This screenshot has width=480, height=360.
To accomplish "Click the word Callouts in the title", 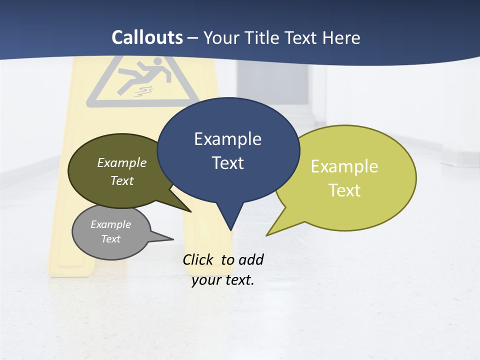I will click(147, 37).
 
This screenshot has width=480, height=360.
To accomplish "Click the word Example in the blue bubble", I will click(227, 139).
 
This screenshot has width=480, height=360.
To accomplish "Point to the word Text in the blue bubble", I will click(227, 163).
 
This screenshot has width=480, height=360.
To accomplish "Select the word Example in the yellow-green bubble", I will click(344, 166).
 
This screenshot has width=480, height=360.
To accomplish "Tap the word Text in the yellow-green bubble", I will click(344, 190).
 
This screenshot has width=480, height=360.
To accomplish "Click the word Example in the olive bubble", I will click(122, 162).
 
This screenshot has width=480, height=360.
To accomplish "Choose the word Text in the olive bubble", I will click(122, 180).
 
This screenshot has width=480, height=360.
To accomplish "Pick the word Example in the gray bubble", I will click(110, 224).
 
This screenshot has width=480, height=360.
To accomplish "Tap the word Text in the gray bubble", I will click(110, 239).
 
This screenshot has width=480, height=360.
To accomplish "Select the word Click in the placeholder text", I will click(198, 259).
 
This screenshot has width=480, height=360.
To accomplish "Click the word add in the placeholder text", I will click(251, 259).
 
